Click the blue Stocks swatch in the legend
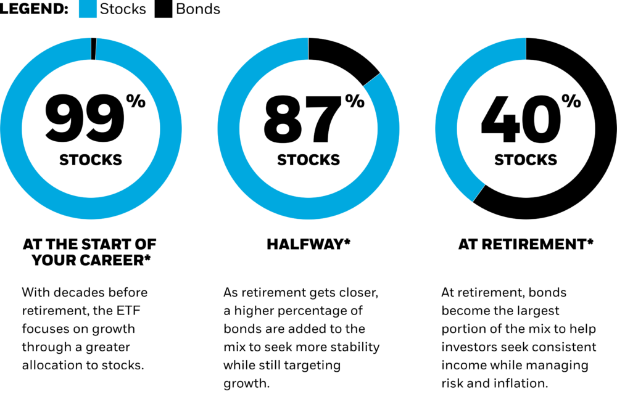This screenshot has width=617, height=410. (88, 9)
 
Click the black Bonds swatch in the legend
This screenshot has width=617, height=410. (164, 9)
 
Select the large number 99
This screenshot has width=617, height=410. (85, 118)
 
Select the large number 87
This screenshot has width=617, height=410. (302, 118)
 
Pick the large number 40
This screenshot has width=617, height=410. (521, 118)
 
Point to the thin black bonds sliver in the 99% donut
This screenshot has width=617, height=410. (94, 49)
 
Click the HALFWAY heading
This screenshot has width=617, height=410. (308, 244)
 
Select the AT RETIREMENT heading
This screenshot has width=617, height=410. (526, 244)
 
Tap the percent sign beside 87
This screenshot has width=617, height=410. (355, 101)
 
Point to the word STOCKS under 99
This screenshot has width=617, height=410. (91, 160)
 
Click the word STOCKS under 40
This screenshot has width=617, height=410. (526, 160)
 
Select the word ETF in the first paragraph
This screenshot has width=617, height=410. (128, 311)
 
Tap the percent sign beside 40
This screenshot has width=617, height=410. (571, 101)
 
